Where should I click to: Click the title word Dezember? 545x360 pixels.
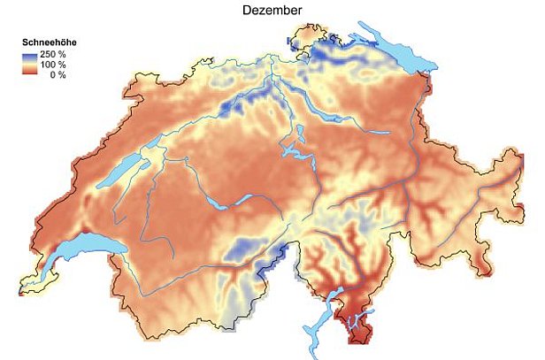coord(272,10)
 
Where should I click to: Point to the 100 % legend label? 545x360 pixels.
coord(54,65)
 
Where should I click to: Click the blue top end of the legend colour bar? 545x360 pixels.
coord(29,55)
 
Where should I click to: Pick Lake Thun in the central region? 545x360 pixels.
coord(218,203)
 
